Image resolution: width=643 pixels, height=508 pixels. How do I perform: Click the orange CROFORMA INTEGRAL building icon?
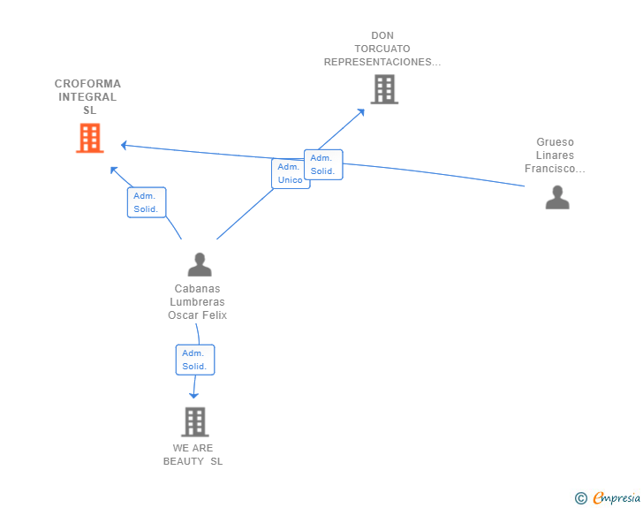(90, 138)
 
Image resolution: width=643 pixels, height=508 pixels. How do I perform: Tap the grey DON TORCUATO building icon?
(384, 89)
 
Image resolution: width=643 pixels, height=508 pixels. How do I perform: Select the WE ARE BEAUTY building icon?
(195, 421)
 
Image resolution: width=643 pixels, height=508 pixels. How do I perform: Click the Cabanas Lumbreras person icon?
(200, 264)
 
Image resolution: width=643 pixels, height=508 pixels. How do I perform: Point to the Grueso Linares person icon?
(557, 197)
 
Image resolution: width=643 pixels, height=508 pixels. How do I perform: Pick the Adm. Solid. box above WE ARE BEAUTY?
(195, 360)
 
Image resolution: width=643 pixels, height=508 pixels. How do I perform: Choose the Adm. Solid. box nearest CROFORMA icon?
(147, 202)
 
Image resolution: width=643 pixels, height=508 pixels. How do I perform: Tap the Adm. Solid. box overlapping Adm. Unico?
(323, 164)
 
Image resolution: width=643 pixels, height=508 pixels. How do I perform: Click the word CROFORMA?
(87, 84)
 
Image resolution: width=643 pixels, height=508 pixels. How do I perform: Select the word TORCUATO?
(382, 49)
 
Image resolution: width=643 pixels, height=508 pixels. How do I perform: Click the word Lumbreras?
(197, 302)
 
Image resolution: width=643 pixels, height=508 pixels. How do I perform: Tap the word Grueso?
(556, 142)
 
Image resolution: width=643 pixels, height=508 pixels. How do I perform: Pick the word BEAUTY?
(184, 461)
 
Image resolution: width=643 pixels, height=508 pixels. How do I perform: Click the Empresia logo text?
(617, 498)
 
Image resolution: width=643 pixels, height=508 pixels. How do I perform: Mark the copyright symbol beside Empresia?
(581, 498)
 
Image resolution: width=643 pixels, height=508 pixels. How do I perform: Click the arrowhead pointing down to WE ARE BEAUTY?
(193, 395)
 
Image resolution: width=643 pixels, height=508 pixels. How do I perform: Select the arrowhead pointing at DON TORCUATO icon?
(361, 112)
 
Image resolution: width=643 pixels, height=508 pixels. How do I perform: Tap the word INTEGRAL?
(87, 97)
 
